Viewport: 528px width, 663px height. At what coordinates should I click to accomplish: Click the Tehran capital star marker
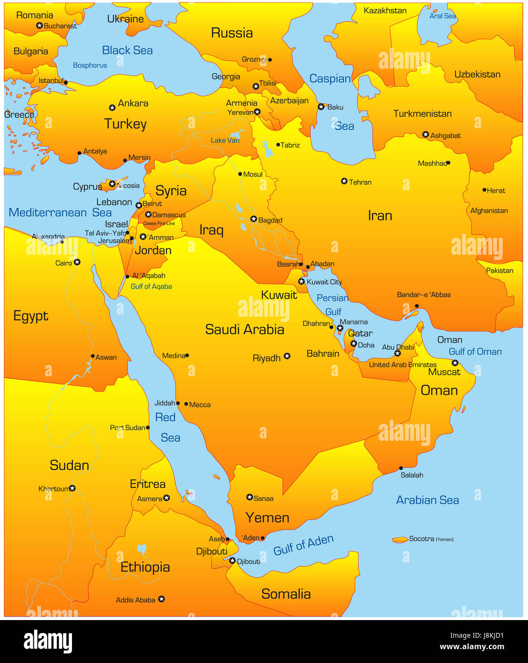344,181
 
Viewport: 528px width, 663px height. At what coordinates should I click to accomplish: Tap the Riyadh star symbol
287,356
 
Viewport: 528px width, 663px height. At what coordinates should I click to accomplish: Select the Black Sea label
127,50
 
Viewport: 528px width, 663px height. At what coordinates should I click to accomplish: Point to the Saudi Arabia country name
244,329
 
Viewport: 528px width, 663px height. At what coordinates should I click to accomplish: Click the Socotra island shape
400,539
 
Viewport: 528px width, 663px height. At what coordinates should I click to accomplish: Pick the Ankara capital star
112,108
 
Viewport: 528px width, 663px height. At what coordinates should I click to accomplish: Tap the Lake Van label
225,140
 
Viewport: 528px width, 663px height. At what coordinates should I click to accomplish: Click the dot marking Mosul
240,174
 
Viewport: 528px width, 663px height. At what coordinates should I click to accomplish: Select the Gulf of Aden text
303,545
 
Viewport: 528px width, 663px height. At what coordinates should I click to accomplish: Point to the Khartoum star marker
72,488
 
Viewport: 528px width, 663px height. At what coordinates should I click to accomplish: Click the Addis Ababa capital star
162,599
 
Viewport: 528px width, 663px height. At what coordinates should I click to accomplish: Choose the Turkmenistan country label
422,114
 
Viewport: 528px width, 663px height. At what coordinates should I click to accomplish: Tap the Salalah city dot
401,468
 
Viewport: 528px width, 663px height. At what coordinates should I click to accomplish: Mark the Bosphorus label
90,65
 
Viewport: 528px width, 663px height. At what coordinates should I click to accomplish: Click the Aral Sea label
442,16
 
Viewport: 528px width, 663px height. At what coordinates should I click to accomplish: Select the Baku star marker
321,107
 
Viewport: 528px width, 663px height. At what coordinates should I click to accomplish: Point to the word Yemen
267,518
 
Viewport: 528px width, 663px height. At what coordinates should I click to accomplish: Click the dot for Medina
187,355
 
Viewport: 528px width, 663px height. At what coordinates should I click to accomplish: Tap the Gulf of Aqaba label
151,286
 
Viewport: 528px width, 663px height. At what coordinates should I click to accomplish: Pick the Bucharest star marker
40,26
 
